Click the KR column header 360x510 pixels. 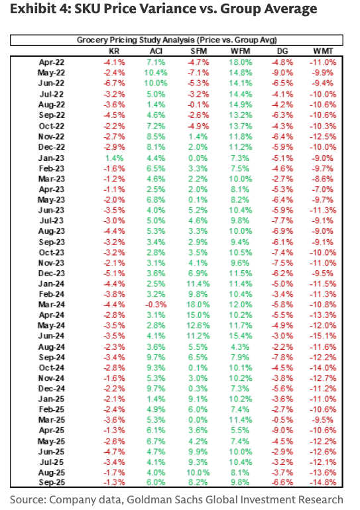pyautogui.click(x=114, y=51)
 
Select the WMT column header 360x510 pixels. pyautogui.click(x=323, y=51)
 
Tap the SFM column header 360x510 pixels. pyautogui.click(x=198, y=51)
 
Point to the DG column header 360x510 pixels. pyautogui.click(x=282, y=51)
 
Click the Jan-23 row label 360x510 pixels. pyautogui.click(x=52, y=158)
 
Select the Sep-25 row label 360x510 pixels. pyautogui.click(x=52, y=482)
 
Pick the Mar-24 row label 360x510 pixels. pyautogui.click(x=52, y=305)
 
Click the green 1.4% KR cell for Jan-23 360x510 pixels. pyautogui.click(x=114, y=158)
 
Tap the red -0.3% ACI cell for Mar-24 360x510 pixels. pyautogui.click(x=156, y=305)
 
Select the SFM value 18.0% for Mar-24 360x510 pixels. pyautogui.click(x=198, y=305)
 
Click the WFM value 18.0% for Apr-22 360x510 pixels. pyautogui.click(x=240, y=62)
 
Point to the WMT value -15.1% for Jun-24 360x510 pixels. pyautogui.click(x=323, y=336)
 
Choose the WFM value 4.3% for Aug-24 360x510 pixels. pyautogui.click(x=240, y=346)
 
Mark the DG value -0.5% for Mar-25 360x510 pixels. pyautogui.click(x=282, y=419)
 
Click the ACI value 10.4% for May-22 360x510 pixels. pyautogui.click(x=156, y=73)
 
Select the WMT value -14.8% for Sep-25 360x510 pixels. pyautogui.click(x=323, y=482)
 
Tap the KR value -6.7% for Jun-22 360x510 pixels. pyautogui.click(x=114, y=83)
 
